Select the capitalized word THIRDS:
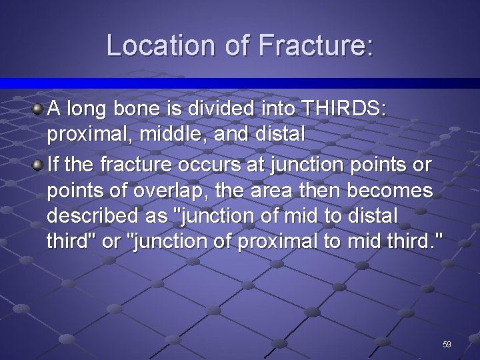tap(343, 108)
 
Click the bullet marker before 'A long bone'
tap(38, 107)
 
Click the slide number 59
tap(447, 344)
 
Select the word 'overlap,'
tap(185, 192)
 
